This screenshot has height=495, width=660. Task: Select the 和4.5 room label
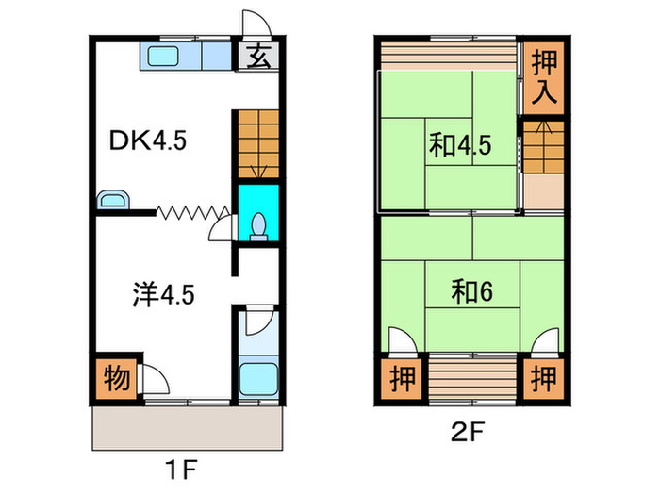click(460, 145)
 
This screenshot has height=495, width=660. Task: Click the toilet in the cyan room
click(258, 223)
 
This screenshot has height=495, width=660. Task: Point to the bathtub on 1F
click(256, 379)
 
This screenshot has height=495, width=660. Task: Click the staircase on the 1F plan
click(257, 142)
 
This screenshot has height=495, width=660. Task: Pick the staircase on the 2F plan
click(544, 149)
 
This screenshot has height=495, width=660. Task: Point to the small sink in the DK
click(114, 200)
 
